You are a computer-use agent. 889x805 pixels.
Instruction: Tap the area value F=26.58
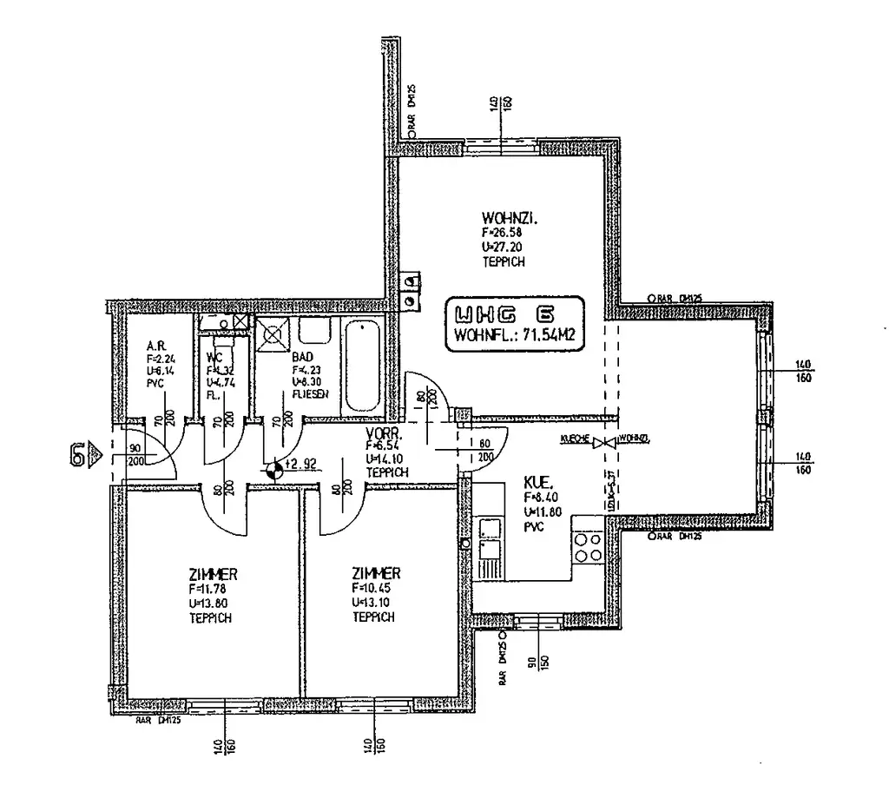pyautogui.click(x=498, y=233)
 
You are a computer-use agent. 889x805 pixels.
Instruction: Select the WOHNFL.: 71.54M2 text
pyautogui.click(x=514, y=334)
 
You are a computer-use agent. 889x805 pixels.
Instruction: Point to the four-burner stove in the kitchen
pyautogui.click(x=588, y=547)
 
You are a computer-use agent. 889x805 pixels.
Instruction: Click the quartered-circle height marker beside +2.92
pyautogui.click(x=274, y=470)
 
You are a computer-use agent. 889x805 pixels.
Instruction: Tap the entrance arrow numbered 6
pyautogui.click(x=83, y=452)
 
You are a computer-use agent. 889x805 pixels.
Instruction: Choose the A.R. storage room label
pyautogui.click(x=156, y=345)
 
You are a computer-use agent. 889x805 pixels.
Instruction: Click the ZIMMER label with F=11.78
pyautogui.click(x=213, y=574)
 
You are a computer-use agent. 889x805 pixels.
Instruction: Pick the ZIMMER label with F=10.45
pyautogui.click(x=376, y=573)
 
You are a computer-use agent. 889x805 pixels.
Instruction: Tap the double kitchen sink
pyautogui.click(x=490, y=548)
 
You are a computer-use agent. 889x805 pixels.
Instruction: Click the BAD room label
pyautogui.click(x=302, y=357)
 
